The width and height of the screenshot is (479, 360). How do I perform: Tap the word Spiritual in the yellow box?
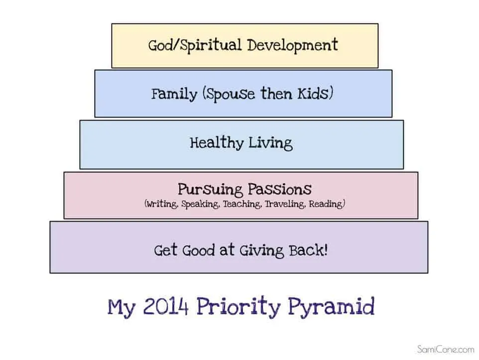[211, 45]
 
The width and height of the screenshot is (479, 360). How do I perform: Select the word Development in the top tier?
[293, 45]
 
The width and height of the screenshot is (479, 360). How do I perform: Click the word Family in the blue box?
[174, 94]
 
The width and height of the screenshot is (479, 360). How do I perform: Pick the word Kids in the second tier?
[313, 94]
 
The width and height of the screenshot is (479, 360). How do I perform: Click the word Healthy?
[216, 143]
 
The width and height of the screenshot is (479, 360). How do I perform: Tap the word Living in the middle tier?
[270, 143]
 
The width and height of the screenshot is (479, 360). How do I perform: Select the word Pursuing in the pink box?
[210, 189]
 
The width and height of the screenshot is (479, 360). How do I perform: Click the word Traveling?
[285, 204]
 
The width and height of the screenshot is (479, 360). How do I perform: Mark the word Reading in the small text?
[326, 204]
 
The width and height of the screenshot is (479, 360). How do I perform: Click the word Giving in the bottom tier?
[262, 251]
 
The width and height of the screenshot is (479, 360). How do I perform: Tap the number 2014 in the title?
[166, 307]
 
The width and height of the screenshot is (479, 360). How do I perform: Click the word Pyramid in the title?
[332, 307]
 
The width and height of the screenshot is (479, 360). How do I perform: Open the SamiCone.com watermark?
[446, 349]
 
